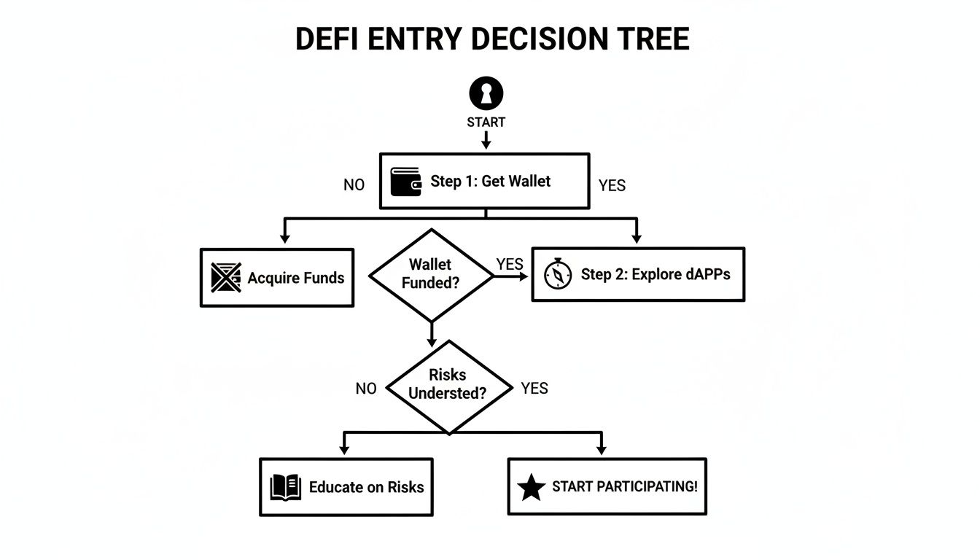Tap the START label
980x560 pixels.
[486, 122]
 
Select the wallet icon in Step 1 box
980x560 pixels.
[406, 182]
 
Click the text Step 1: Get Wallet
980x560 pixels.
[490, 182]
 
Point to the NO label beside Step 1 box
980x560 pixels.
[354, 185]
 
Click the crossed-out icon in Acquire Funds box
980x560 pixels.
[225, 278]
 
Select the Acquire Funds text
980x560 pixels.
[295, 278]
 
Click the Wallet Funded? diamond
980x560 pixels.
[431, 274]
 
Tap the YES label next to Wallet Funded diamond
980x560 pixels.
[509, 264]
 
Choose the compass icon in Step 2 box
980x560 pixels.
[558, 275]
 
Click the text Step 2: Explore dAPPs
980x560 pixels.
[655, 275]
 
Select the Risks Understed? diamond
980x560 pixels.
[448, 384]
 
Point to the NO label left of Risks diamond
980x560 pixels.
[366, 389]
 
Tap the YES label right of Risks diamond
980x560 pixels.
[534, 389]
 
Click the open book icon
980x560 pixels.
[285, 487]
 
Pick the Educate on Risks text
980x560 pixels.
[366, 487]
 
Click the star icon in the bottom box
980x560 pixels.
[531, 487]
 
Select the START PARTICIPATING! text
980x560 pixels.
[624, 486]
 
